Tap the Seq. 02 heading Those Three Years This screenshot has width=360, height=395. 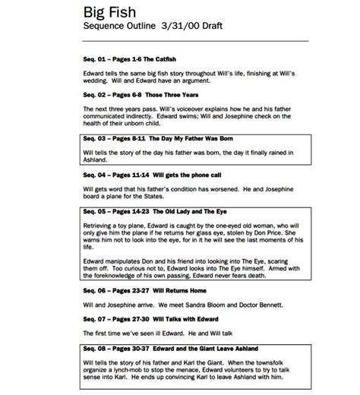132,95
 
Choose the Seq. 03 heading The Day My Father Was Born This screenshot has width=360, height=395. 153,139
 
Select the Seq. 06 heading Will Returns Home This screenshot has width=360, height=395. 132,290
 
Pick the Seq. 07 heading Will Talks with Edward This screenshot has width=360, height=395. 140,317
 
